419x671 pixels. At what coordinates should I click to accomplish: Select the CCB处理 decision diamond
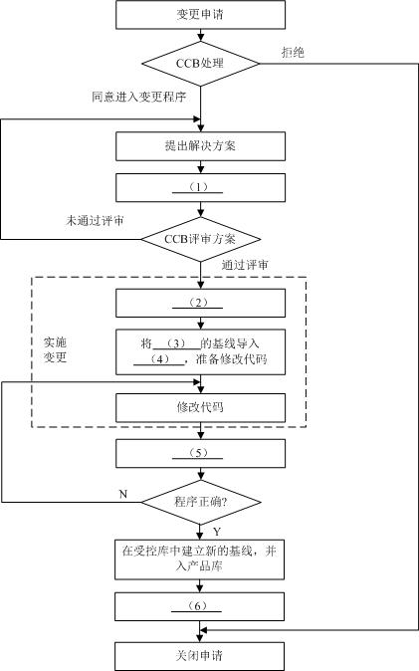(x=201, y=65)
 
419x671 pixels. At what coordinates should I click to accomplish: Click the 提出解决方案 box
(x=201, y=146)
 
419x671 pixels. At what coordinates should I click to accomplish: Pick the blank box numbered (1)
(x=201, y=187)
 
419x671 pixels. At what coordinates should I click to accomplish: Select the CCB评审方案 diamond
(x=201, y=239)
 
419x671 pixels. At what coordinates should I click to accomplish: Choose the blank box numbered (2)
(x=201, y=302)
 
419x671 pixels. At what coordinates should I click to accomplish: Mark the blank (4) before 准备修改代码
(x=159, y=360)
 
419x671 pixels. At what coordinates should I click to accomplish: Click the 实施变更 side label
(x=55, y=349)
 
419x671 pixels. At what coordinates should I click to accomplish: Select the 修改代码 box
(x=201, y=407)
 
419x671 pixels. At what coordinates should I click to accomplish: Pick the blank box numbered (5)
(x=201, y=454)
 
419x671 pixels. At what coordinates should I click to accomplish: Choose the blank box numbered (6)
(x=201, y=606)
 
